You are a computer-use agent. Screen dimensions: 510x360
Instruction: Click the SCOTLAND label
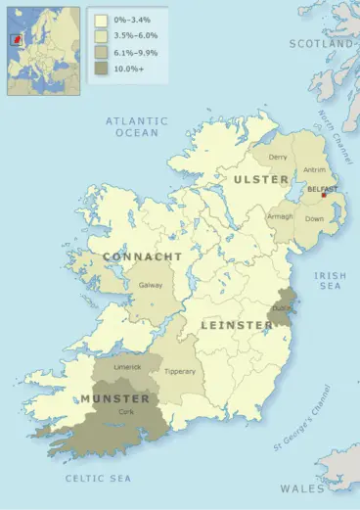tap(321, 45)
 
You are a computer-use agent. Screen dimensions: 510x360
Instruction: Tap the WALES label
tap(303, 487)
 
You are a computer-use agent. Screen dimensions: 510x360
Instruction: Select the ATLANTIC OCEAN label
tap(136, 126)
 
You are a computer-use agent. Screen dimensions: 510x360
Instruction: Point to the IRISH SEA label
tap(330, 282)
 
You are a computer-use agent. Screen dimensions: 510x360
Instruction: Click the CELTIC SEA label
tap(98, 478)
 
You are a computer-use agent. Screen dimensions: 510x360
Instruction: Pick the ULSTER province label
tap(260, 180)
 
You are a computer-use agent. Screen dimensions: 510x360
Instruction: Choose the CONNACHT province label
tap(142, 256)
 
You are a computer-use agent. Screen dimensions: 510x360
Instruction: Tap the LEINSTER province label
tap(237, 324)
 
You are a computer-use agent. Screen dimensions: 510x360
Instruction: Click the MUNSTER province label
tap(114, 399)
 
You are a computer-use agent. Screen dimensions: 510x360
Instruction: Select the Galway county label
tap(152, 285)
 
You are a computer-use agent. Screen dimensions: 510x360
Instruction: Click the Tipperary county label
tap(180, 371)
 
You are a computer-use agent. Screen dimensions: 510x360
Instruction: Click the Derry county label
tap(278, 157)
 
